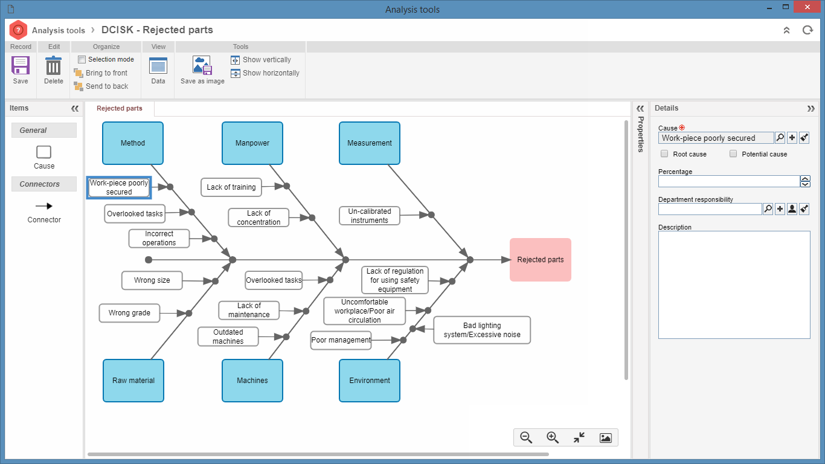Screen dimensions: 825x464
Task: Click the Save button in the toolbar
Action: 21,70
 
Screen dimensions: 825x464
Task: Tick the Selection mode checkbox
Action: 82,59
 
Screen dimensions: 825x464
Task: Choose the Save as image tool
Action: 202,70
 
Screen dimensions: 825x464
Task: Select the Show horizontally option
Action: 265,73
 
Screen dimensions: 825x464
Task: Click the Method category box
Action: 133,143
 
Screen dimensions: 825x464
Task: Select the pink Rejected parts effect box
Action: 541,260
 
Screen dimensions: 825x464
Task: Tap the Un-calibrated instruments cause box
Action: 370,216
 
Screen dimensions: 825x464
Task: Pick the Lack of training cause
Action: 231,187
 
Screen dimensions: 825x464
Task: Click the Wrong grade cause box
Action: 129,313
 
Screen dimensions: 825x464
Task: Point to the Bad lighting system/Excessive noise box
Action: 482,330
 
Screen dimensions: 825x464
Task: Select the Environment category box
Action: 370,381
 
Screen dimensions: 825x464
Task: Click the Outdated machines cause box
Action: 228,337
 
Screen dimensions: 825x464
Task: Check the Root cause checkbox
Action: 664,153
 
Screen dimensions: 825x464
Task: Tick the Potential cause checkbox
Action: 733,153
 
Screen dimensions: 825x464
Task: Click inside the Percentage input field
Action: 729,181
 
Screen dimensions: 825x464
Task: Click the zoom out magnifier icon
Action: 526,437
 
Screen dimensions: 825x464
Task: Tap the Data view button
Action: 158,70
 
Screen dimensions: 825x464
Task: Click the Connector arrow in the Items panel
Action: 44,206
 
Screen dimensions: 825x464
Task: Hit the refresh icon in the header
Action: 807,30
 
